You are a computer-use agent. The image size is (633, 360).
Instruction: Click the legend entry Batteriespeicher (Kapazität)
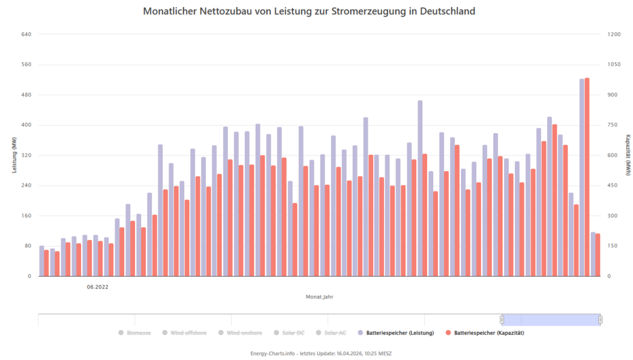click(x=489, y=332)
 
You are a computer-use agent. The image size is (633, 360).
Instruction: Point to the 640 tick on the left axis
click(x=26, y=34)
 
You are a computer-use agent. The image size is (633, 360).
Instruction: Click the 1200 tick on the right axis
click(x=614, y=34)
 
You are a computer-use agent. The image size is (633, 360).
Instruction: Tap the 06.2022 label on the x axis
click(x=97, y=287)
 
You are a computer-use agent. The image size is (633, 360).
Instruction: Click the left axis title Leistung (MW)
click(x=14, y=155)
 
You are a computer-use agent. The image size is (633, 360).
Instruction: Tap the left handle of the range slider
click(x=502, y=320)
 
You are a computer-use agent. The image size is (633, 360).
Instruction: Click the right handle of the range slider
click(x=600, y=320)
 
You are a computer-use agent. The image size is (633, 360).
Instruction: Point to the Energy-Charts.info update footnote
click(x=320, y=353)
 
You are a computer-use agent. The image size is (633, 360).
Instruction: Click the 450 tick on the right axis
click(x=613, y=185)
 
